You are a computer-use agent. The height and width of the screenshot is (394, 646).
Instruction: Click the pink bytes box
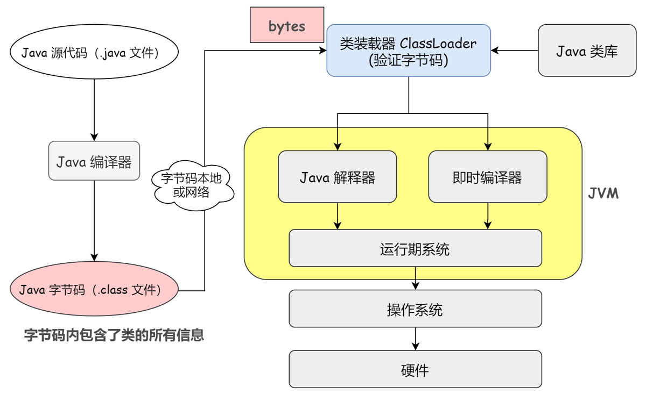point(287,25)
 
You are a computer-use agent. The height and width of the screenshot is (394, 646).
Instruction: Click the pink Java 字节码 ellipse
point(94,289)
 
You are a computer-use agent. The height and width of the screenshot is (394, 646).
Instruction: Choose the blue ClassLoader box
point(409,51)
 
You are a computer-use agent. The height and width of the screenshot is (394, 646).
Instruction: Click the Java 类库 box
point(587,51)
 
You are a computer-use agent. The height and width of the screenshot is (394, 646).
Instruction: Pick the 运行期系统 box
point(415,248)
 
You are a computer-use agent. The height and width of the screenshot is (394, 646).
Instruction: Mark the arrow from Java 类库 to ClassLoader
point(515,51)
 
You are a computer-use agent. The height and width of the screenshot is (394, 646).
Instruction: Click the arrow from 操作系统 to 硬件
point(415,339)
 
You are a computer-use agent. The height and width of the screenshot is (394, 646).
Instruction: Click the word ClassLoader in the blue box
point(438,44)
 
